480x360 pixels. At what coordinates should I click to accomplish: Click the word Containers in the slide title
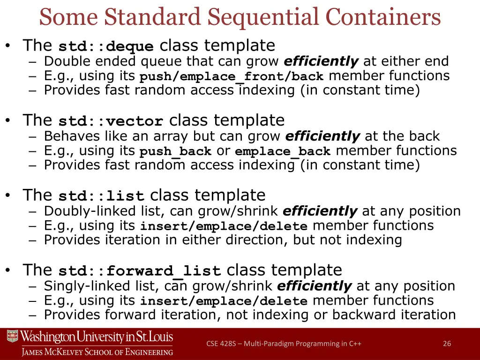(383, 17)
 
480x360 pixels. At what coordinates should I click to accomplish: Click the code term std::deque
(106, 47)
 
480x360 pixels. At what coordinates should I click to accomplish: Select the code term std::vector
(111, 122)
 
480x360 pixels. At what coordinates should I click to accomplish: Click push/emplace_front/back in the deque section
(232, 77)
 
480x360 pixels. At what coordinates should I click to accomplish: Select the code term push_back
(176, 152)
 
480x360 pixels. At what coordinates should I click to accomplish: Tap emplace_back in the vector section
(283, 152)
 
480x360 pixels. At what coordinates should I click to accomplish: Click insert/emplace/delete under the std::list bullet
(224, 227)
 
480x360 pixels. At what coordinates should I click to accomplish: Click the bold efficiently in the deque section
(321, 61)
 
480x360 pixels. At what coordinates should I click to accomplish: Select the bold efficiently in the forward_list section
(314, 286)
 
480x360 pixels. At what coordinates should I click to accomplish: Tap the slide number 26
(447, 344)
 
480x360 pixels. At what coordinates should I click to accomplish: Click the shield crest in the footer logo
(12, 337)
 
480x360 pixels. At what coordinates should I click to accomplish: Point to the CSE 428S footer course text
(284, 344)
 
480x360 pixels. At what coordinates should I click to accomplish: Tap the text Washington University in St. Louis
(97, 337)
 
